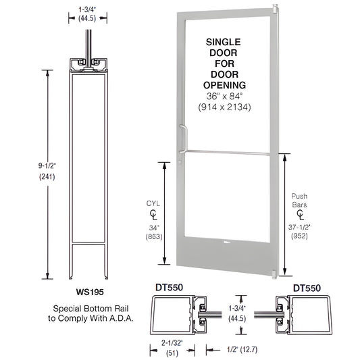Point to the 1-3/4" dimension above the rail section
tap(86, 9)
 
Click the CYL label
tap(153, 201)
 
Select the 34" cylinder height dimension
tap(153, 226)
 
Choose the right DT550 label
tap(307, 288)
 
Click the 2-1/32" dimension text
tap(161, 344)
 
